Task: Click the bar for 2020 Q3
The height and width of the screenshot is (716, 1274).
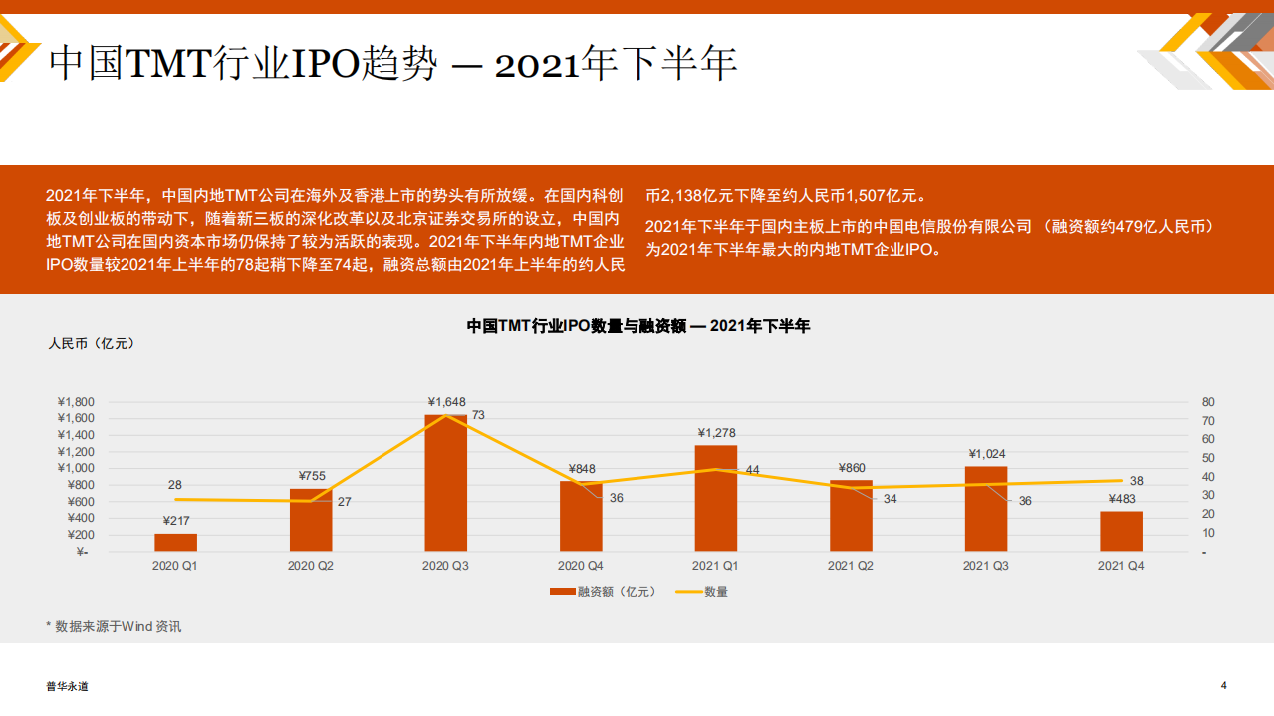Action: click(x=445, y=483)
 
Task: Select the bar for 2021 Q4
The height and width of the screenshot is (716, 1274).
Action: click(x=1121, y=531)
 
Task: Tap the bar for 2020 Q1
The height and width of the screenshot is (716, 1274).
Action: click(x=175, y=542)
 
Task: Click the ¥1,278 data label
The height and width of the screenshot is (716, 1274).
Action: click(x=716, y=432)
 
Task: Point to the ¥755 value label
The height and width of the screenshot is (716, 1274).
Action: click(x=312, y=476)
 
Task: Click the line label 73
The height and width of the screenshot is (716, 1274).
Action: click(x=478, y=415)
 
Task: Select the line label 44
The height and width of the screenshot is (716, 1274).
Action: click(x=752, y=470)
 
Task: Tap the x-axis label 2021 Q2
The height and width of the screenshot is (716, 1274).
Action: click(x=851, y=566)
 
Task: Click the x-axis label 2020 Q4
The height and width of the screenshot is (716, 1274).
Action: click(x=581, y=566)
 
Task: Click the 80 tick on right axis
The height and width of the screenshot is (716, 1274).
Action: click(x=1208, y=402)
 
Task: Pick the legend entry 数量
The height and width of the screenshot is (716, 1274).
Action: click(x=715, y=592)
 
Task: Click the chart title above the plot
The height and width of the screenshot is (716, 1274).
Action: click(x=638, y=326)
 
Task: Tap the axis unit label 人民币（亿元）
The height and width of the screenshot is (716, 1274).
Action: click(x=91, y=344)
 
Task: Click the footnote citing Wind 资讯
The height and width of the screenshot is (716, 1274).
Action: click(x=115, y=626)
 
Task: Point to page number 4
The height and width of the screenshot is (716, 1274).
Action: click(x=1224, y=685)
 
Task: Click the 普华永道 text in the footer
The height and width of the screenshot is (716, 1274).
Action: click(x=67, y=686)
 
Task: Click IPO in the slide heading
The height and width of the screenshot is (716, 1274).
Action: click(x=328, y=64)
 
